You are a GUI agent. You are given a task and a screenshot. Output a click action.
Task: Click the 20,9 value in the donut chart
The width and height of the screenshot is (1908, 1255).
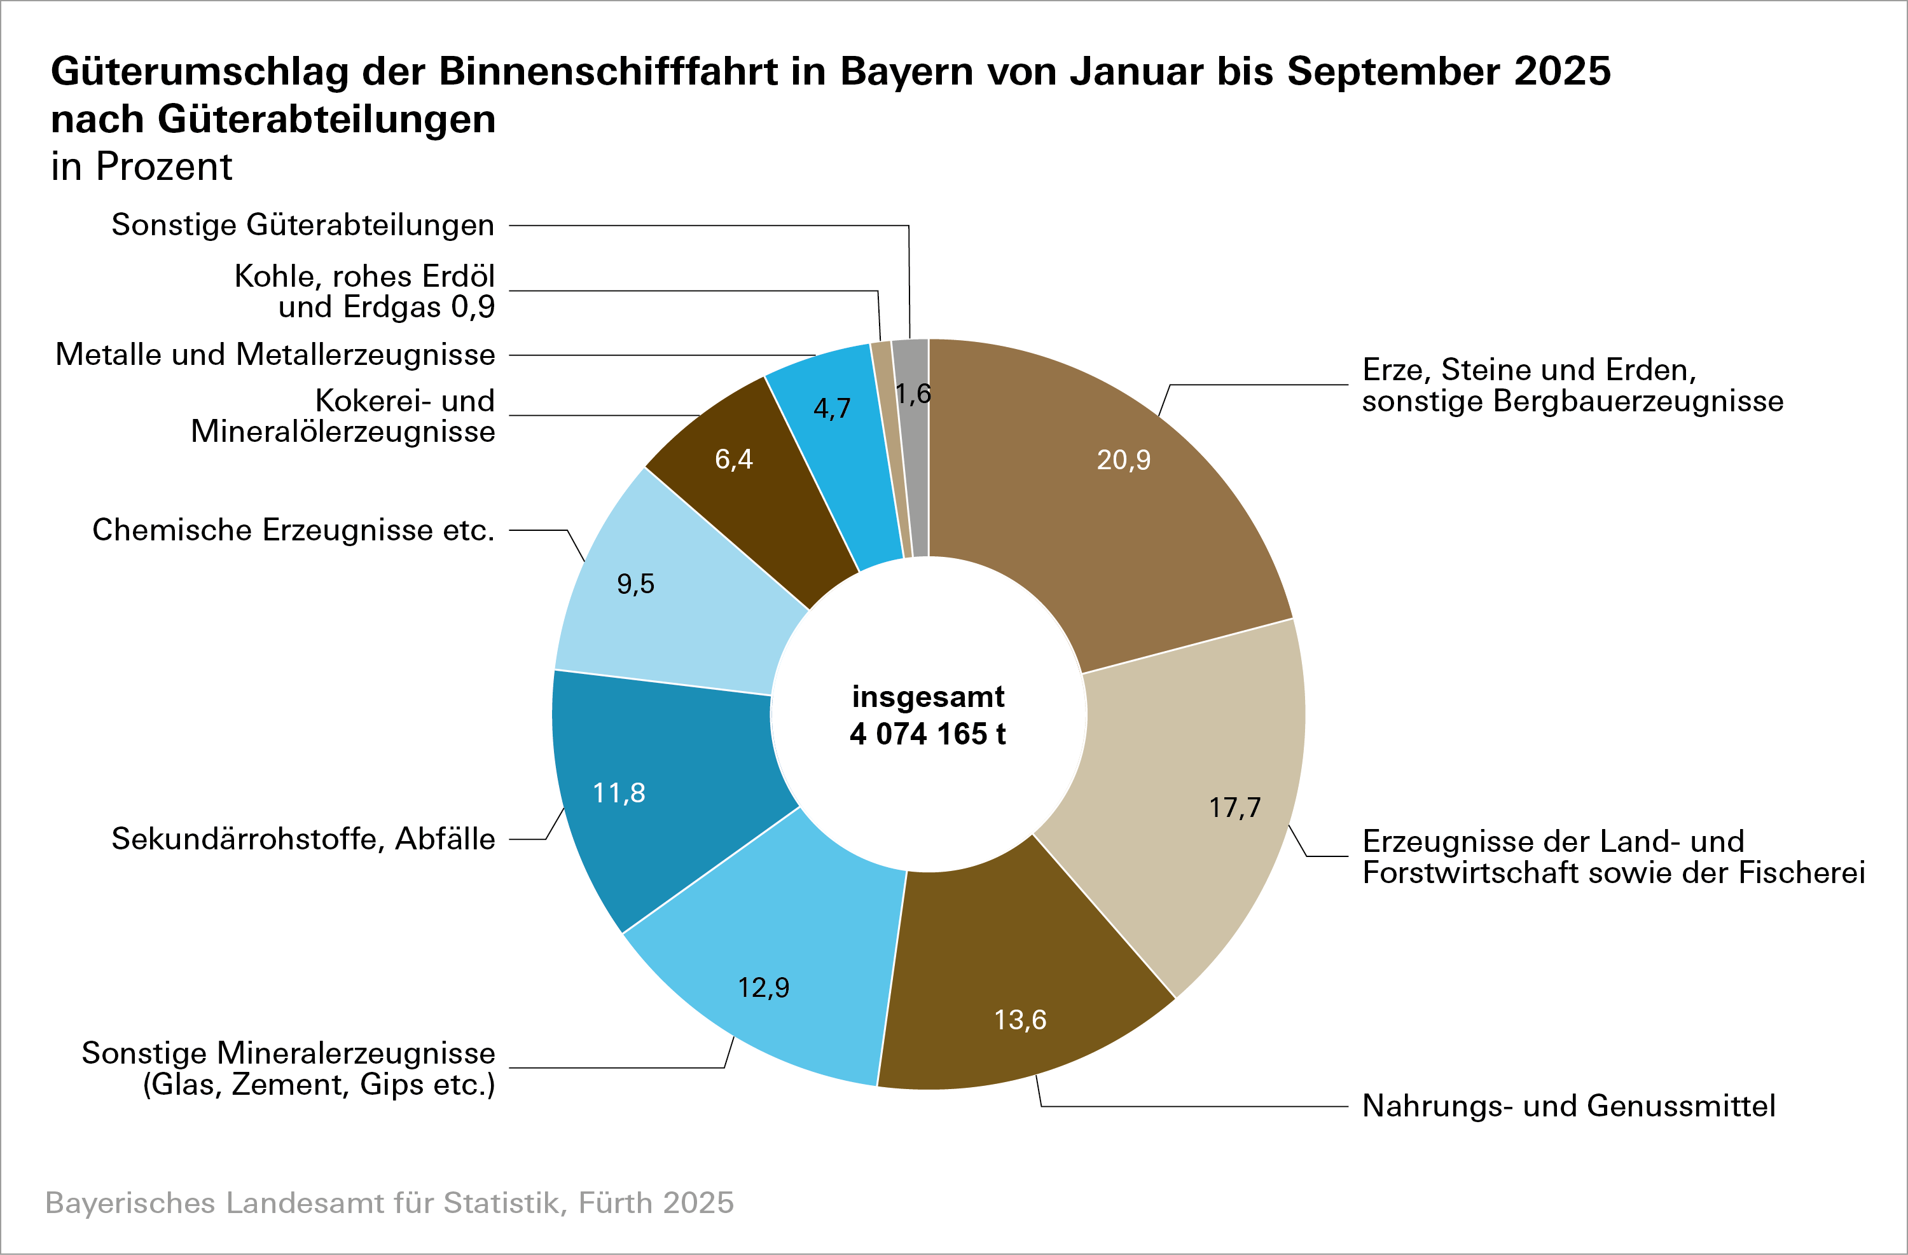tap(1123, 460)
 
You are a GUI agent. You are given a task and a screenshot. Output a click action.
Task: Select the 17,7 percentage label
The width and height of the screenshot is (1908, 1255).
tap(1234, 807)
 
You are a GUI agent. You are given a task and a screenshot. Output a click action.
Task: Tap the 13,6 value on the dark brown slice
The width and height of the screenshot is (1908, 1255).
tap(1020, 1019)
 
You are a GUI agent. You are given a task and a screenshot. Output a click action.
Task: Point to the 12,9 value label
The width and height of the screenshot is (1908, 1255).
tap(763, 987)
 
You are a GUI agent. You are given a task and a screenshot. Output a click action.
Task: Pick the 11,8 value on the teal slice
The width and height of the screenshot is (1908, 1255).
tap(618, 793)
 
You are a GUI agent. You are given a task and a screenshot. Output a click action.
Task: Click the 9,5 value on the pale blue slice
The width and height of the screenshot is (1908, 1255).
tap(635, 584)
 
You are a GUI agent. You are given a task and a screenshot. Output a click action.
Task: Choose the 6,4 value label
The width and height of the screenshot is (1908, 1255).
tap(733, 459)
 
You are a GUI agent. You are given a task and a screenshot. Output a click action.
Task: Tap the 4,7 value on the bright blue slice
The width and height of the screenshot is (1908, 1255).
tap(831, 409)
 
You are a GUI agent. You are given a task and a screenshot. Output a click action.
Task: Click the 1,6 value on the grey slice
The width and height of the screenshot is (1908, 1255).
tap(913, 394)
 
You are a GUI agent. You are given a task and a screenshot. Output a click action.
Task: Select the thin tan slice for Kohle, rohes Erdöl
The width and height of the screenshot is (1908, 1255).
tap(890, 449)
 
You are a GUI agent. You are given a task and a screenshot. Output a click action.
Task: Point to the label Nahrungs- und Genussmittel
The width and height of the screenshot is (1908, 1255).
tap(1568, 1106)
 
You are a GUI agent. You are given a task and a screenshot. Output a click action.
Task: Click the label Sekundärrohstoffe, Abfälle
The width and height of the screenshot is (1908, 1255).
tap(303, 839)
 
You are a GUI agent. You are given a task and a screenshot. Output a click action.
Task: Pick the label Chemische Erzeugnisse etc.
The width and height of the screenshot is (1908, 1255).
tap(293, 530)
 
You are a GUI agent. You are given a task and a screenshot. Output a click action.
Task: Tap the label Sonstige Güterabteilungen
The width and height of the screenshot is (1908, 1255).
tap(302, 225)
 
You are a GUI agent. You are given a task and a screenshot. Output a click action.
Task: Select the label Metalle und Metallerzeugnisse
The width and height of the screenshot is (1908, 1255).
tap(275, 354)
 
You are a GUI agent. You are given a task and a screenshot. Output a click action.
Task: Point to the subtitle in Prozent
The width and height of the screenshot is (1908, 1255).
tap(141, 167)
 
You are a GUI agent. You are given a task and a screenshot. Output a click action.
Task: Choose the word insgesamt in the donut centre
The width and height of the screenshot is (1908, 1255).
tap(927, 696)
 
